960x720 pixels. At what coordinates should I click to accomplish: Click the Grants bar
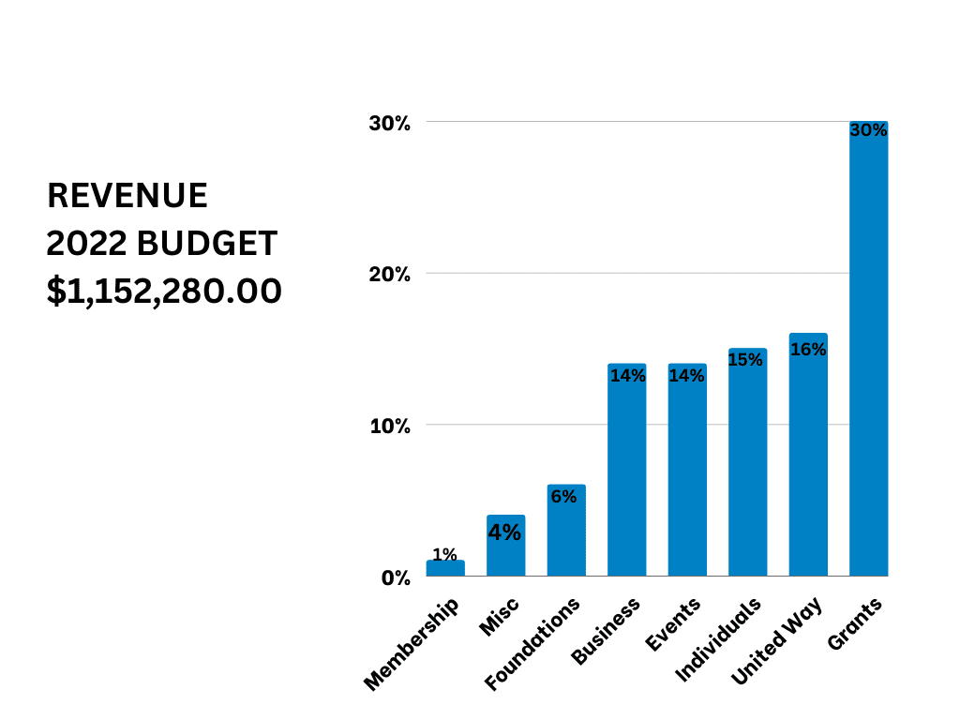coord(868,356)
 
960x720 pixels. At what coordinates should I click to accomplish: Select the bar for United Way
coord(808,459)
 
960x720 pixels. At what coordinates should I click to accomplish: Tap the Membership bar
coord(445,568)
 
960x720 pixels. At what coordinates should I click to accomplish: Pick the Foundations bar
coord(566,534)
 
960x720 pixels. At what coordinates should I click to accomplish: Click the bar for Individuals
coord(747,464)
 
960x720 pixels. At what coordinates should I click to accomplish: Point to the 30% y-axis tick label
coord(389,124)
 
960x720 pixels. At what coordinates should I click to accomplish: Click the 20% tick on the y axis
coord(389,275)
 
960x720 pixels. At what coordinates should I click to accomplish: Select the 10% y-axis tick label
coord(389,426)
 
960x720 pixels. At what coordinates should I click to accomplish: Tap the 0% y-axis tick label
coord(395,577)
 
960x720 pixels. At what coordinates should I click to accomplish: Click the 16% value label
coord(808,350)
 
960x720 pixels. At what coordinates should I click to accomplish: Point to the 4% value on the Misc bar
coord(505,532)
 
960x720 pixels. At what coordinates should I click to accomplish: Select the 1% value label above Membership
coord(445,554)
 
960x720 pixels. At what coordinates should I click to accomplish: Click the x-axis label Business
coord(607,632)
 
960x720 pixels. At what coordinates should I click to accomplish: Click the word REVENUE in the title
coord(127,196)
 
